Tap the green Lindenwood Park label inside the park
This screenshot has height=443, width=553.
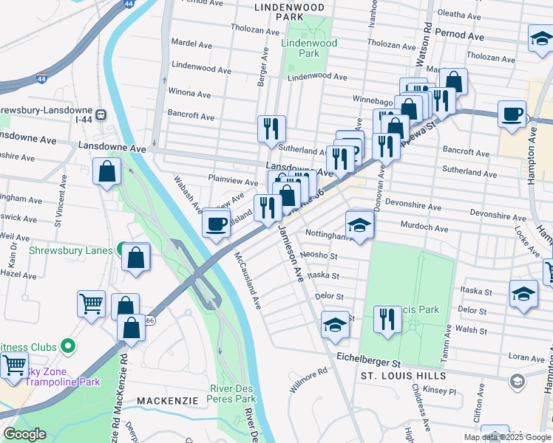coord(309,49)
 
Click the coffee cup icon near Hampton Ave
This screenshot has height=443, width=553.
coord(512,115)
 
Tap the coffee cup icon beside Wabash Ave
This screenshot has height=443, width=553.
coord(216,223)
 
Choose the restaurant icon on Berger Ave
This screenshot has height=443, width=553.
coord(271,129)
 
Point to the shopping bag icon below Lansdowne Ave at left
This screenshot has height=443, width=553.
coord(107,171)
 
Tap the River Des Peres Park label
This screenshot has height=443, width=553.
coord(234,394)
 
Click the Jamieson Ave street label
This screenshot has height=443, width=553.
coord(291,255)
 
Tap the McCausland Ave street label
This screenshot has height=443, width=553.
coord(248,281)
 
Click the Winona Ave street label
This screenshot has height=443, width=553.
coord(190,94)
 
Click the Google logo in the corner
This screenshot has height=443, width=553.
coord(25,434)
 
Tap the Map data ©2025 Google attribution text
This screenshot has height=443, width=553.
coord(506,437)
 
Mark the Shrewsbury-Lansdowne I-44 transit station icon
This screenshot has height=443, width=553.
coord(101,115)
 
